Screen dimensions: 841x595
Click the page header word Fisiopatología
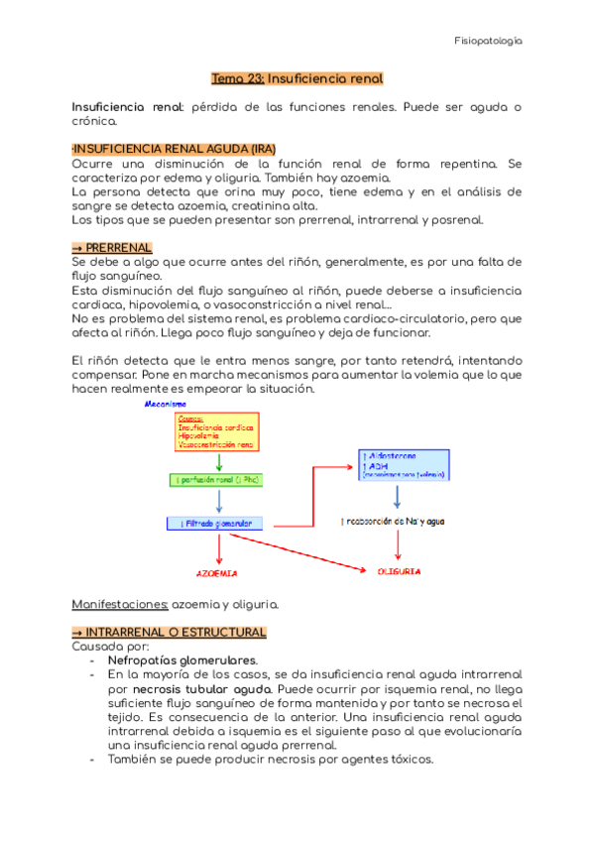pos(487,42)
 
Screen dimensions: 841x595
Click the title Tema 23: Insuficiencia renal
pos(297,77)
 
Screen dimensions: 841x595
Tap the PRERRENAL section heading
pos(112,246)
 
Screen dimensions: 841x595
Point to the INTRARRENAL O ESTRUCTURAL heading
pos(170,632)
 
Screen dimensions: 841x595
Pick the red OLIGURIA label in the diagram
pos(399,571)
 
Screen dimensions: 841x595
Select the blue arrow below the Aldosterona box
pos(398,497)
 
